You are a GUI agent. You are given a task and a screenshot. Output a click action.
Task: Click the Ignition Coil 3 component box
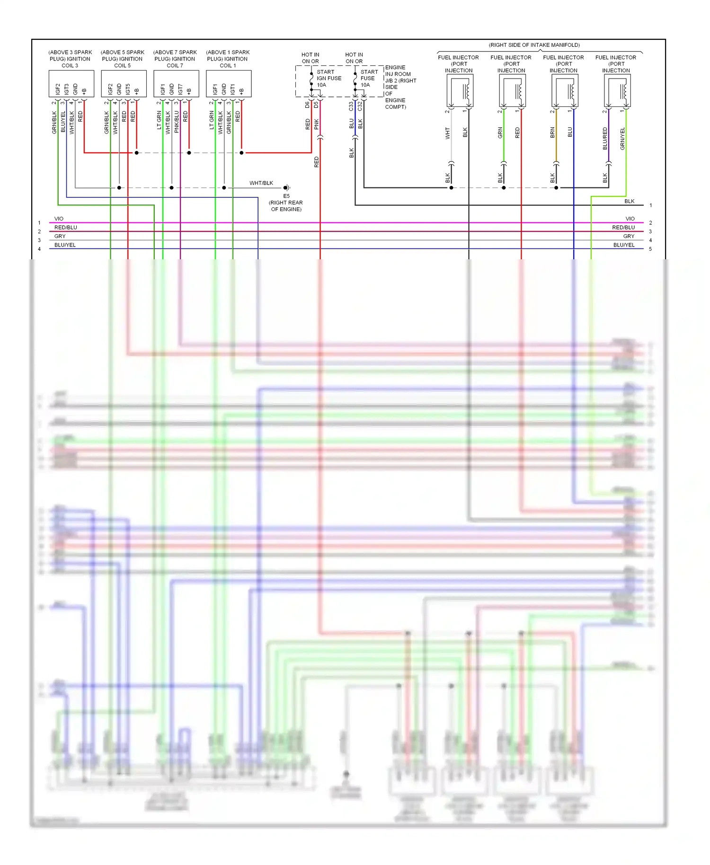tap(71, 84)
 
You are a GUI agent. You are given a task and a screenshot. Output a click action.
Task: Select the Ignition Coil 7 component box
tap(176, 84)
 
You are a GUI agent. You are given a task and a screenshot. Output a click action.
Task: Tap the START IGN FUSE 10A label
tap(328, 78)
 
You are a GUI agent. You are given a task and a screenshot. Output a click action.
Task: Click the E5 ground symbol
tap(286, 188)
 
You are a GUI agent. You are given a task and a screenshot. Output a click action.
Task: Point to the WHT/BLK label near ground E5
tap(261, 183)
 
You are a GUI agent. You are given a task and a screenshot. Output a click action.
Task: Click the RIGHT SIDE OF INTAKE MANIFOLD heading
tap(534, 45)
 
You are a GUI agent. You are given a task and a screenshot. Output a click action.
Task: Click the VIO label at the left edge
tap(59, 219)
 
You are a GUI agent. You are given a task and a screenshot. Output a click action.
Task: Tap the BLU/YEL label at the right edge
tap(623, 245)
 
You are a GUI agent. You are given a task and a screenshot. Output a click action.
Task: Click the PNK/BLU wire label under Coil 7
tap(177, 122)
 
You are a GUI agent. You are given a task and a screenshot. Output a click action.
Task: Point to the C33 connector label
tap(351, 106)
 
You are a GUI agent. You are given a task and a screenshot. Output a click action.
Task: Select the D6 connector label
tap(307, 105)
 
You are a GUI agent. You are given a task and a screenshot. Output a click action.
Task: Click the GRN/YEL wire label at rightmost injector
tap(622, 139)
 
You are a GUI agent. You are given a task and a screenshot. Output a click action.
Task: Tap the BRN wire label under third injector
tap(552, 133)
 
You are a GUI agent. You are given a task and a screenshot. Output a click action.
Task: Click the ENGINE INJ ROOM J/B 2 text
tap(400, 87)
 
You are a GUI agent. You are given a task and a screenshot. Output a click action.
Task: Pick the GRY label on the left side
tap(60, 236)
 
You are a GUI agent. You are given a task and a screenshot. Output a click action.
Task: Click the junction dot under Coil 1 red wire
tap(241, 153)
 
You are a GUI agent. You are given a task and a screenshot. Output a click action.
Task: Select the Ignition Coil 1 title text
tap(228, 59)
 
